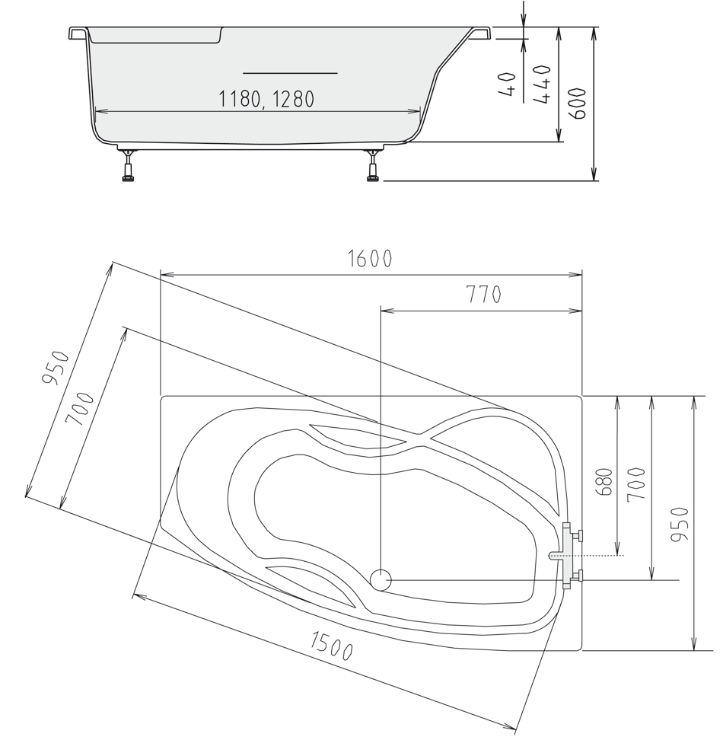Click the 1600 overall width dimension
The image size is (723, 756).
click(370, 259)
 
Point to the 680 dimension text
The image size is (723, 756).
click(605, 481)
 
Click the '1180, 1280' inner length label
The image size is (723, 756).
click(266, 99)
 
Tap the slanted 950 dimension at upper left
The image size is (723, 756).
click(57, 368)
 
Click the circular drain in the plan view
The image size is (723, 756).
click(380, 580)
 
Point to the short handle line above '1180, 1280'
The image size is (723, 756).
click(289, 73)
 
